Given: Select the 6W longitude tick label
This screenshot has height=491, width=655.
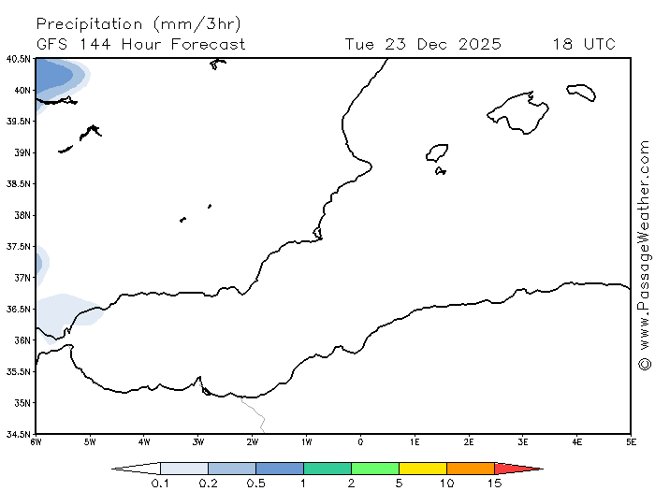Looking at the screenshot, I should [x=36, y=440].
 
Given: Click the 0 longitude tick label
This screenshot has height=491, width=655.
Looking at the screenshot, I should [x=360, y=440].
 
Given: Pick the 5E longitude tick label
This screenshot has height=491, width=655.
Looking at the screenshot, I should [x=631, y=440].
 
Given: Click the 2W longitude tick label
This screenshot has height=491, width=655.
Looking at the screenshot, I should [x=253, y=440].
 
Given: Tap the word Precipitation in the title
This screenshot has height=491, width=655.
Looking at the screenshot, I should [x=90, y=23].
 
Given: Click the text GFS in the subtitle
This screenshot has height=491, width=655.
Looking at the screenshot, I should [x=53, y=44].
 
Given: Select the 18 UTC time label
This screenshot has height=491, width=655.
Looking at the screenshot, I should [x=584, y=44].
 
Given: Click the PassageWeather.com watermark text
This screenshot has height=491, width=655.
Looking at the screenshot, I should [x=644, y=243].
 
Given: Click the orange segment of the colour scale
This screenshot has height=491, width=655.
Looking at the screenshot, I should [x=470, y=468].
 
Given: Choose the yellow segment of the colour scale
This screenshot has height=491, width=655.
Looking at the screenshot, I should [x=422, y=468].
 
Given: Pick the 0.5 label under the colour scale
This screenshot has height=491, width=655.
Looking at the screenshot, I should [x=255, y=484].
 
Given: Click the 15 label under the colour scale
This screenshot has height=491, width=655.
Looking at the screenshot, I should [x=494, y=484].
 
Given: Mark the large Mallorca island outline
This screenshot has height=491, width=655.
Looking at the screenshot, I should [x=519, y=112].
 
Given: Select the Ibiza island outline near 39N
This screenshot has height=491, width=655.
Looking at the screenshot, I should [x=437, y=153].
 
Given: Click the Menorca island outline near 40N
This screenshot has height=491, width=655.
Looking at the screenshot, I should [x=581, y=91].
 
